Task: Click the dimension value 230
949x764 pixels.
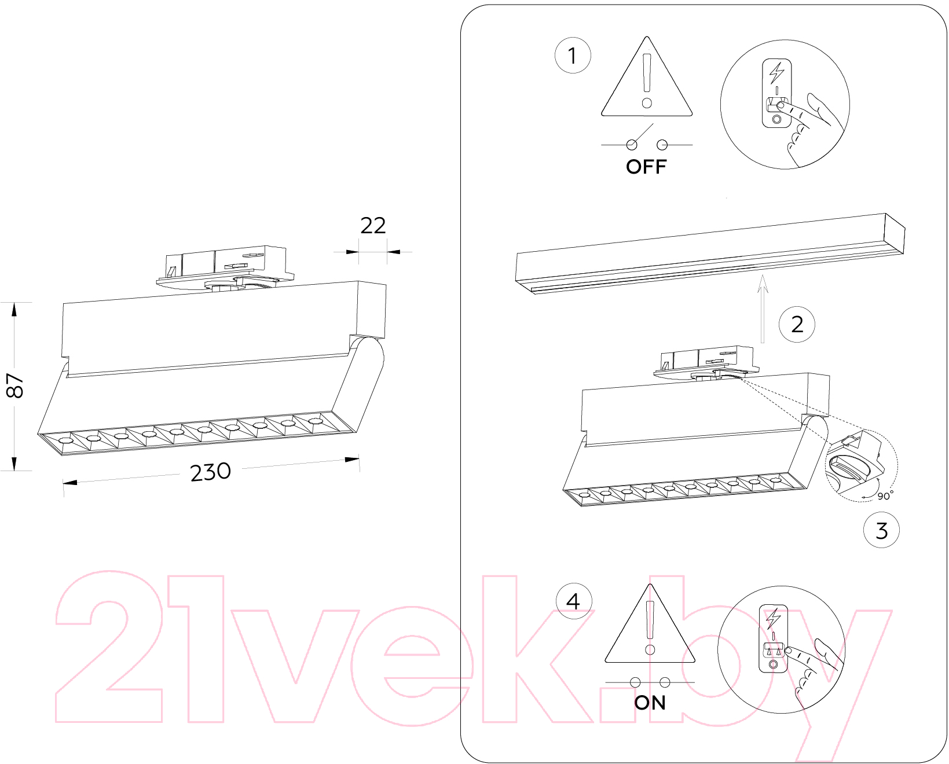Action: pos(210,472)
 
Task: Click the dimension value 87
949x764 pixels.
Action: pos(14,385)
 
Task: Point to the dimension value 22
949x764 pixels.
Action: pos(373,226)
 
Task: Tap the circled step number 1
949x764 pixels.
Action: pos(573,56)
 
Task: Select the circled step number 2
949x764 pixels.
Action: pos(797,325)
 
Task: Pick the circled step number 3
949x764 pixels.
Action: pos(881,530)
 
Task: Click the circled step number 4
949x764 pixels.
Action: pos(573,601)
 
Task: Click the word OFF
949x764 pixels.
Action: pos(646,167)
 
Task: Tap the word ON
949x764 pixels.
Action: pos(650,703)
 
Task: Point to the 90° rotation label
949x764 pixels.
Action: pos(885,495)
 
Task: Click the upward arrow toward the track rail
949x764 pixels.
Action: pos(763,308)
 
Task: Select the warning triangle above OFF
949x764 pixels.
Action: pos(647,76)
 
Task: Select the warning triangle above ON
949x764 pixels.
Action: pos(650,624)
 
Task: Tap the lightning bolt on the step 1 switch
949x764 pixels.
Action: pos(776,73)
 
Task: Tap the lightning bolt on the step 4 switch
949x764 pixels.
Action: pos(773,618)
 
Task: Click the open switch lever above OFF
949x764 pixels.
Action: pos(642,134)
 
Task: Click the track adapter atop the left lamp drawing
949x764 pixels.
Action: pos(225,269)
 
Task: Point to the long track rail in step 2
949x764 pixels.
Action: pos(710,254)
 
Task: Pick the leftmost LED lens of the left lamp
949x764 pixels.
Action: pos(65,440)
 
